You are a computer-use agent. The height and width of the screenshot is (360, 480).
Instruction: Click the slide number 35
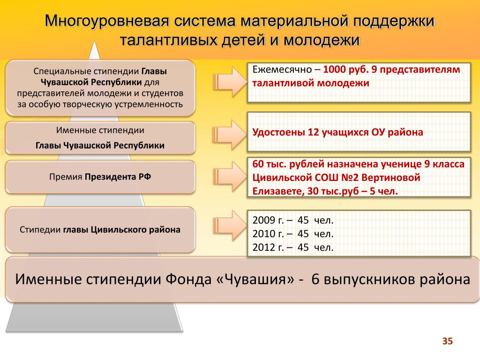(448, 341)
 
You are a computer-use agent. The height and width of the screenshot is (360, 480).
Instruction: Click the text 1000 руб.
(345, 69)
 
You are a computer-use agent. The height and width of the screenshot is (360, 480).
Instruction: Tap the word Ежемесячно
(283, 69)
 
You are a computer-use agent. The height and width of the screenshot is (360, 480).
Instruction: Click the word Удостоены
(278, 132)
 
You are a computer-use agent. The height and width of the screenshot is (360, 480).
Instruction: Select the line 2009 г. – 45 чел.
(293, 220)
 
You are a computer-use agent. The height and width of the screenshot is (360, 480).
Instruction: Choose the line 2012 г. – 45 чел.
(293, 247)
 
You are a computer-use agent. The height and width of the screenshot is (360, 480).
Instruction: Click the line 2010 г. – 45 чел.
(293, 234)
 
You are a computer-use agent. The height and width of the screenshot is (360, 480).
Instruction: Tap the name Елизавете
(277, 191)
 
